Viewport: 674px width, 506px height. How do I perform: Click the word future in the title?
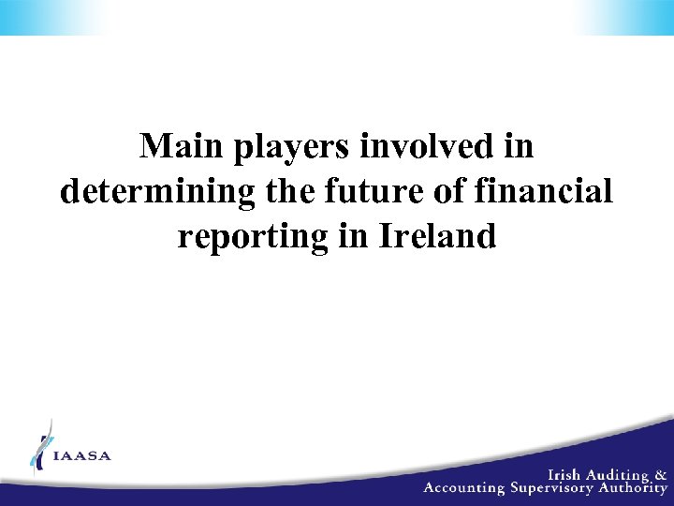click(x=360, y=191)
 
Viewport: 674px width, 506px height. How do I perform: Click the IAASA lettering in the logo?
click(x=82, y=456)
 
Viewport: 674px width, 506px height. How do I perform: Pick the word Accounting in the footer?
click(x=464, y=487)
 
